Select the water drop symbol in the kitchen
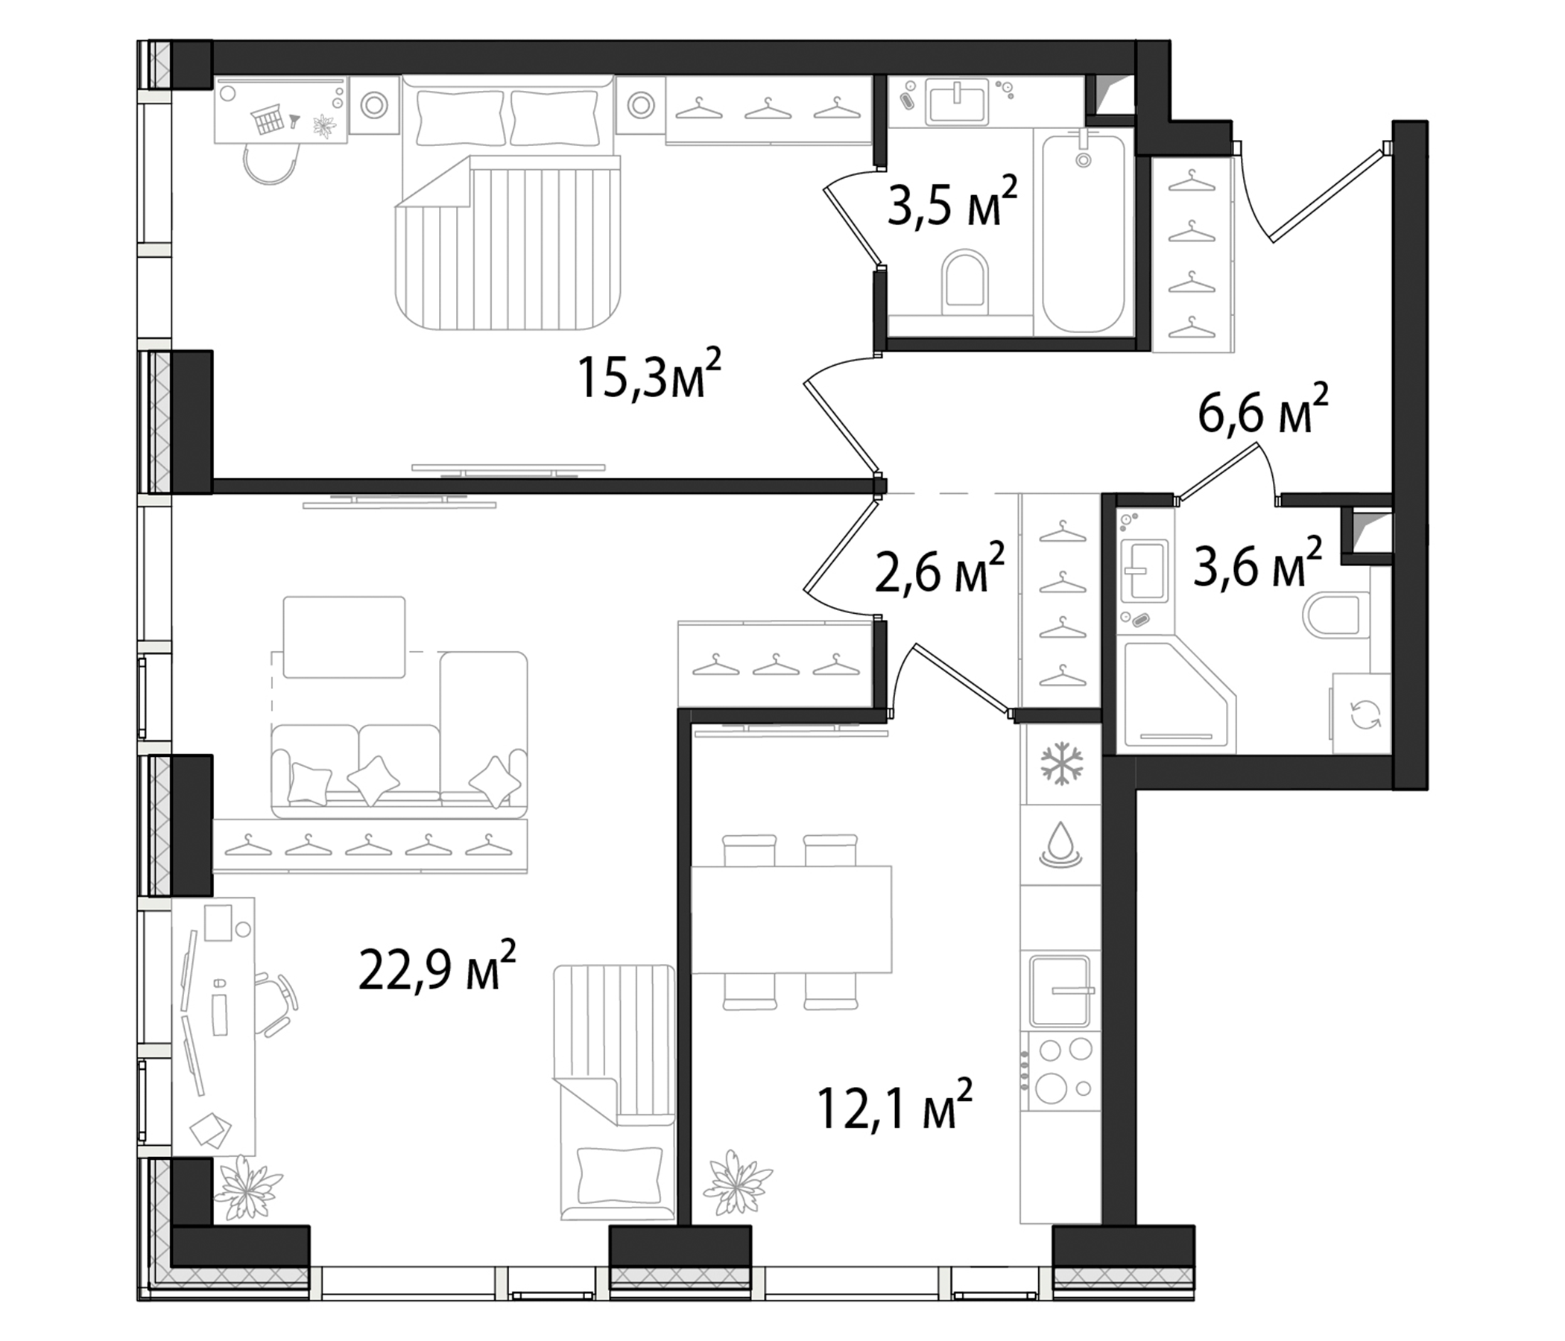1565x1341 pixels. (x=1061, y=843)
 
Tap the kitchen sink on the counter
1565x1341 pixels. (x=1061, y=991)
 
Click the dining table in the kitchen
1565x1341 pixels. (x=791, y=919)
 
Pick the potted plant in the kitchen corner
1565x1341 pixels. (x=736, y=1183)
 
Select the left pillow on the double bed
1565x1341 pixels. (x=460, y=117)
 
